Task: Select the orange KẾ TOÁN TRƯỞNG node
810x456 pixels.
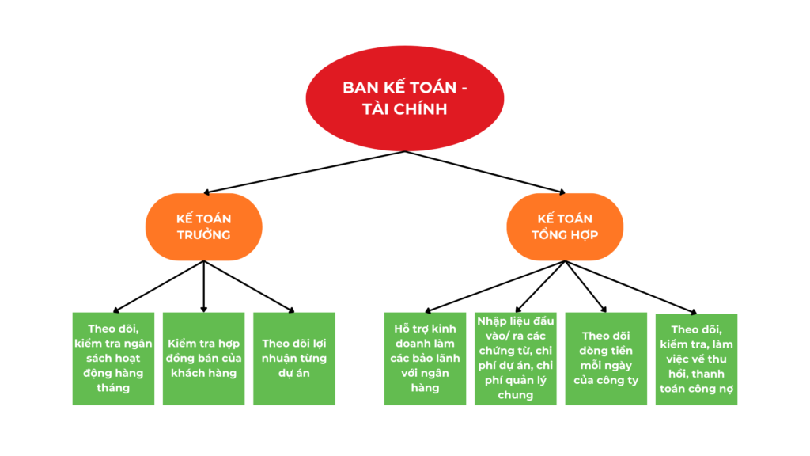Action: [x=203, y=226]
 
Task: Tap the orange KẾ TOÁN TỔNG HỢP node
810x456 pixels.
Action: [x=565, y=226]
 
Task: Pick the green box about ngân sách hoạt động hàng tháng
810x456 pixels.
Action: [x=113, y=359]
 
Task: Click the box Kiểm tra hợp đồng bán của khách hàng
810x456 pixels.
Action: [x=203, y=359]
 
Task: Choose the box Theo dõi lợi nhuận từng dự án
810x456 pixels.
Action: [x=293, y=359]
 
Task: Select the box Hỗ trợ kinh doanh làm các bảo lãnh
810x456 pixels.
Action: [x=425, y=359]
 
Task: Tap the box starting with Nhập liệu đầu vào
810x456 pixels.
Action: [x=515, y=359]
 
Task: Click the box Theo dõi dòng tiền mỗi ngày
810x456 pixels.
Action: [x=605, y=359]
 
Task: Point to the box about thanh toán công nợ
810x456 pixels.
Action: [x=696, y=359]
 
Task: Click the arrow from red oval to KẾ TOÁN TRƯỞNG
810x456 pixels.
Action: [x=305, y=172]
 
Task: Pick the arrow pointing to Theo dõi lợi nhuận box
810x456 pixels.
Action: [x=249, y=287]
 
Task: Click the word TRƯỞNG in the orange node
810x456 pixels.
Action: [x=203, y=235]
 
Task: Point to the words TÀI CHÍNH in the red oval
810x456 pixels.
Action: [x=405, y=109]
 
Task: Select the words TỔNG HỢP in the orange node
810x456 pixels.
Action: [x=565, y=235]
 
